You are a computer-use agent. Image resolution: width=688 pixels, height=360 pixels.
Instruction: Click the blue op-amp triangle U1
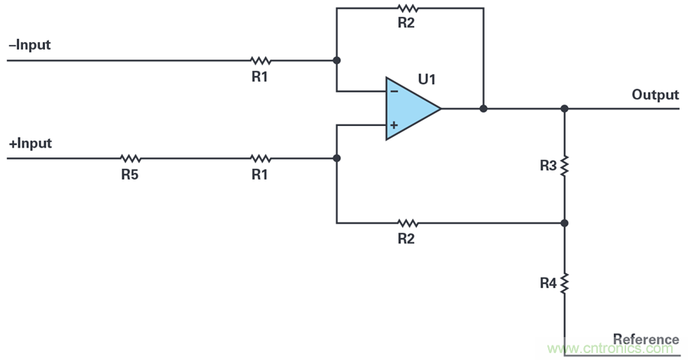pos(409,109)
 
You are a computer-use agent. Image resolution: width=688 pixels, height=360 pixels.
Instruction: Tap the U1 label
pos(427,79)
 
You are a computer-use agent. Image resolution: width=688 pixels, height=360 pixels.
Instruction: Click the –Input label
pos(29,45)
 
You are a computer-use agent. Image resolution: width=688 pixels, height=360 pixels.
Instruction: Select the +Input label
pos(30,144)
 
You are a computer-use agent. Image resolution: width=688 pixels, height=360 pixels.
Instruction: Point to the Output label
pos(655,95)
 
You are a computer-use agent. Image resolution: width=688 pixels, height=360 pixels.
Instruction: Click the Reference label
pos(646,339)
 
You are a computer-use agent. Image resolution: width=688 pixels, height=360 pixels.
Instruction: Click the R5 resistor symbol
pos(130,158)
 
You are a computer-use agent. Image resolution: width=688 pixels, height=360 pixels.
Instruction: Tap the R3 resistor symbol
pos(565,166)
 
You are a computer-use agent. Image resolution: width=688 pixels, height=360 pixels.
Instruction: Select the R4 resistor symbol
pos(565,284)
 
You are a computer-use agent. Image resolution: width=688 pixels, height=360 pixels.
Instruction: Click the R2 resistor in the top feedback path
pos(407,8)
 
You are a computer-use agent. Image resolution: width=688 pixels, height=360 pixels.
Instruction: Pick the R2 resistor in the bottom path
pos(407,223)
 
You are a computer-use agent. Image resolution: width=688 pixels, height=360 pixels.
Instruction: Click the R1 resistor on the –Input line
pos(261,60)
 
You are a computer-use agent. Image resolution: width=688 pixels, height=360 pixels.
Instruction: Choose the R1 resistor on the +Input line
pos(261,158)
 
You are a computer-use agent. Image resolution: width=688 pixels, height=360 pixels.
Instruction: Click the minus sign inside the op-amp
pos(394,92)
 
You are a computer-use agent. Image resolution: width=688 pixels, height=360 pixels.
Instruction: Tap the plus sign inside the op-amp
pos(394,125)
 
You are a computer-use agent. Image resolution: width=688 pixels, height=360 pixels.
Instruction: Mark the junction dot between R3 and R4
pos(565,223)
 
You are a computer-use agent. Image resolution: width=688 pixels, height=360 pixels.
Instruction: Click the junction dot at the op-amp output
pos(483,109)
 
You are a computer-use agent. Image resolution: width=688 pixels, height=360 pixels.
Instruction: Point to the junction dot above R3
pos(565,109)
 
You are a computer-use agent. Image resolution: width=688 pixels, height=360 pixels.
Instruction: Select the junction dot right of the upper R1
pos(336,60)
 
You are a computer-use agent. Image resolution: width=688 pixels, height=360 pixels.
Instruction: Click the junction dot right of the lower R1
pos(336,158)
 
